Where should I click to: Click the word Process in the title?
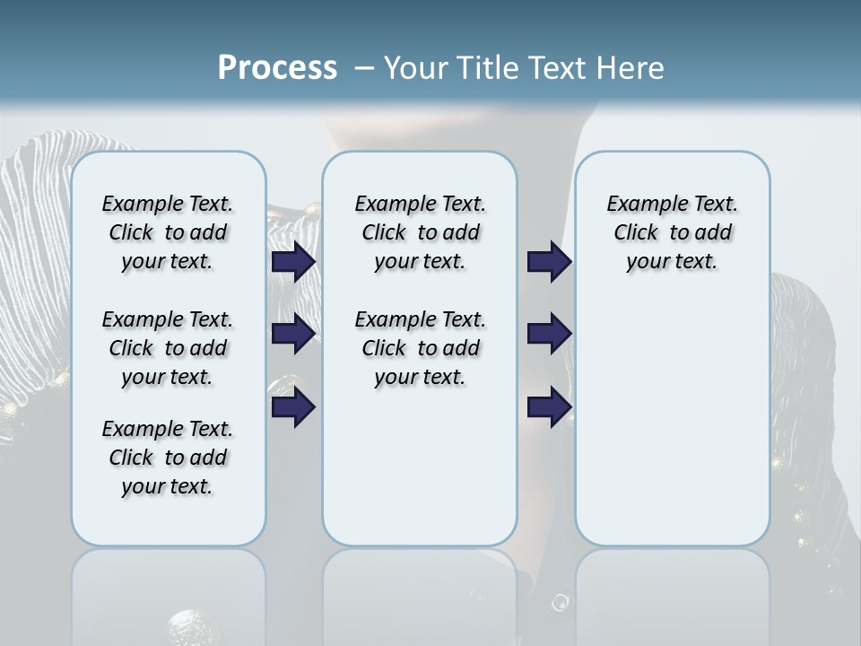277,68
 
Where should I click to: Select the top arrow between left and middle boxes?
293,262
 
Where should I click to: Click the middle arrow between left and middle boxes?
293,334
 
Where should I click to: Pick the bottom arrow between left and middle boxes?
293,407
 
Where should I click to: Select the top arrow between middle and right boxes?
550,262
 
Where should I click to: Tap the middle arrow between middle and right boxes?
550,334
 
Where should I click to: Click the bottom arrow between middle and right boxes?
550,407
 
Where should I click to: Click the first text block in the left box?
168,232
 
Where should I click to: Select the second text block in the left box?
168,348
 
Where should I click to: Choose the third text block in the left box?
168,458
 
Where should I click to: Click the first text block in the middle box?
420,232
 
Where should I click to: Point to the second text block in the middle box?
420,348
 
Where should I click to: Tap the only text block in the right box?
672,232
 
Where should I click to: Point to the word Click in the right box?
636,233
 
